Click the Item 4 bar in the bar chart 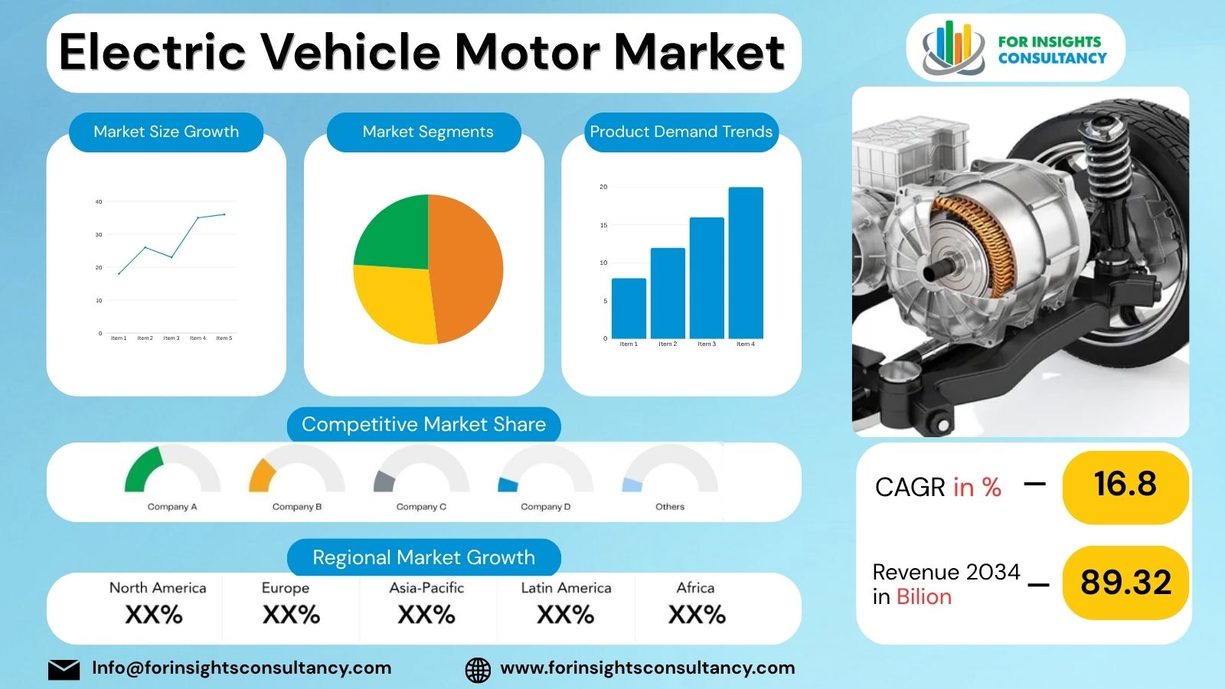tap(745, 263)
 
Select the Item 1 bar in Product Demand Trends tap(629, 308)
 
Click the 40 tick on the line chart tap(99, 202)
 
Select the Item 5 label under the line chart tap(224, 338)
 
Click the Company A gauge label tap(172, 507)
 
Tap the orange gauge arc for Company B tap(260, 475)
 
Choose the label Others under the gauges tap(670, 507)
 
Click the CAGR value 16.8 tap(1125, 485)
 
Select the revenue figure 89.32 tap(1125, 583)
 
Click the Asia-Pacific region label tap(426, 588)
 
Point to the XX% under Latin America tap(565, 615)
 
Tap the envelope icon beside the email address tap(64, 669)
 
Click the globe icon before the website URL tap(478, 670)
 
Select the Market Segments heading tap(427, 132)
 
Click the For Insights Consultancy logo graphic tap(952, 47)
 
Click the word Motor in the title tap(528, 52)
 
